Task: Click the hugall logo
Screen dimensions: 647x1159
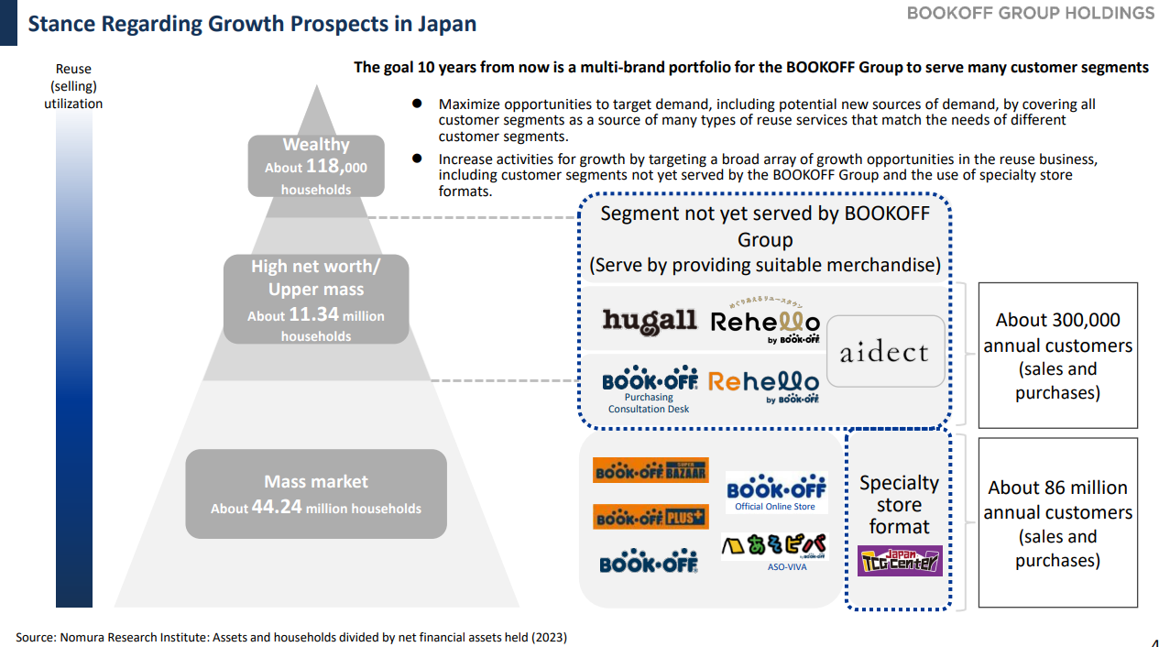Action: (649, 321)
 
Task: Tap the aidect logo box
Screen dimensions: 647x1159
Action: (884, 352)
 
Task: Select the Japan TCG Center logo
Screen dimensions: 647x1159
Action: (899, 560)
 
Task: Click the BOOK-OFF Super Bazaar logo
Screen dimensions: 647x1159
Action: (650, 470)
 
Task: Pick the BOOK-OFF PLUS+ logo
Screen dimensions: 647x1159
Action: (650, 517)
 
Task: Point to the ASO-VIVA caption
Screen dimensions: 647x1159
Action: (787, 567)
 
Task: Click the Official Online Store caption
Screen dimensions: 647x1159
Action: (775, 507)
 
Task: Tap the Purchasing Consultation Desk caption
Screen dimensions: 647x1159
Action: (649, 403)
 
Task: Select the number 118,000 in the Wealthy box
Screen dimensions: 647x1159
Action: (336, 167)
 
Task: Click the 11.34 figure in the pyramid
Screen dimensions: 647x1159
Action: (313, 314)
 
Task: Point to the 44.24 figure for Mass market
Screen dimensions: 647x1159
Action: (277, 507)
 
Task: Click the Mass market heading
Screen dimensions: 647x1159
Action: (316, 482)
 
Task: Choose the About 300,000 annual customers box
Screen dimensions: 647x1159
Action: (1057, 356)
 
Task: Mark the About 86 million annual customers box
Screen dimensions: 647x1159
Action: (1057, 523)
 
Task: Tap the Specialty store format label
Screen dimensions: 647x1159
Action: (899, 505)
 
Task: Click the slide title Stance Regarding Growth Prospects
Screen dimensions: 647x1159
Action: (252, 24)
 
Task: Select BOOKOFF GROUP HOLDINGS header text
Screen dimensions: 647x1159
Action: (1031, 13)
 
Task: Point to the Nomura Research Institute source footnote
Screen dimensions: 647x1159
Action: (291, 637)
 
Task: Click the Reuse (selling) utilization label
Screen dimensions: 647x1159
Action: (73, 86)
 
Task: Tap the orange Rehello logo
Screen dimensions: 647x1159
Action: (763, 382)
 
